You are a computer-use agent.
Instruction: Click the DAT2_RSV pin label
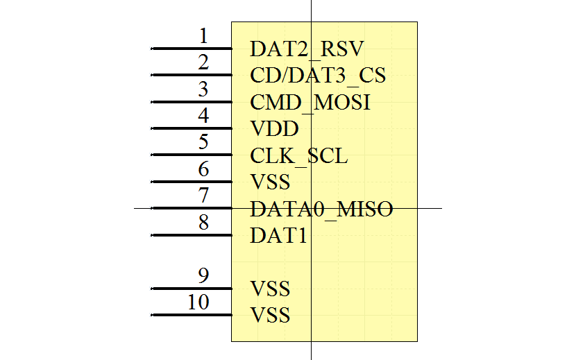307,49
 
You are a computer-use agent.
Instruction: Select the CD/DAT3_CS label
318,75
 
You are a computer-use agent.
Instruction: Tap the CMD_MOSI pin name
310,103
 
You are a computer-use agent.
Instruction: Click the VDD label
274,129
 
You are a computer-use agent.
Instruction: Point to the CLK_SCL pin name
298,156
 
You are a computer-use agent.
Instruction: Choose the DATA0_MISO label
321,209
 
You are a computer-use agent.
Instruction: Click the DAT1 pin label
278,236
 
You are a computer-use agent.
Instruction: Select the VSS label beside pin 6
270,182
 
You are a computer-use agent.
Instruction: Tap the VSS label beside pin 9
270,289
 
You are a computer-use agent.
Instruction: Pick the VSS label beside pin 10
270,316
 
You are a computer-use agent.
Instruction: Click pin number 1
203,36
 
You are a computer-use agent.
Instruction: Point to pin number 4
203,115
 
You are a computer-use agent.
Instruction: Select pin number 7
203,196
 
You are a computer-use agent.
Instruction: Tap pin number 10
198,302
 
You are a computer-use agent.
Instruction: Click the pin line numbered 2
192,75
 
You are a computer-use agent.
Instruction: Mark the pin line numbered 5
192,155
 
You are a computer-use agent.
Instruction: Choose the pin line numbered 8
192,236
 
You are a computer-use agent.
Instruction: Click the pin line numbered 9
192,289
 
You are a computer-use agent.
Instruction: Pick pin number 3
203,89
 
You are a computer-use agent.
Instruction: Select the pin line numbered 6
192,182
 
